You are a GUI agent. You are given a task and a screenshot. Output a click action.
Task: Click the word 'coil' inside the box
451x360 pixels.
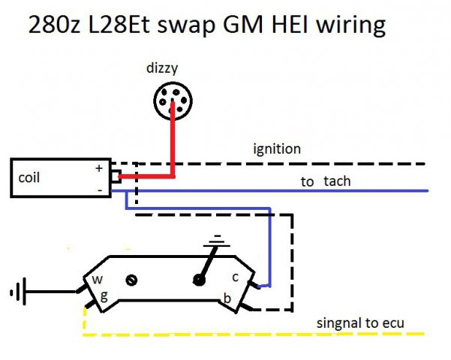point(30,178)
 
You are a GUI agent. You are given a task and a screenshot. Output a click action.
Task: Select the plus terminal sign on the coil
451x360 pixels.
point(99,169)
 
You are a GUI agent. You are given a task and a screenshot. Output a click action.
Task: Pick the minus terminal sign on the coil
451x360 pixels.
point(99,190)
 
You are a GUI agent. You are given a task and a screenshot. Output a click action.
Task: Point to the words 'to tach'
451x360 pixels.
point(326,181)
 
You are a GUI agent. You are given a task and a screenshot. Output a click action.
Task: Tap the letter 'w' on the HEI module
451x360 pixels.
point(97,280)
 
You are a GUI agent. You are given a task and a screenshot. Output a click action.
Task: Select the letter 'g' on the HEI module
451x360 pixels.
point(104,295)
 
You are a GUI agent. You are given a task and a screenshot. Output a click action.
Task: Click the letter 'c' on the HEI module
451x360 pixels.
point(235,276)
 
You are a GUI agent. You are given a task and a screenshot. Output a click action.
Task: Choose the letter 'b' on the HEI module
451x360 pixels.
point(226,298)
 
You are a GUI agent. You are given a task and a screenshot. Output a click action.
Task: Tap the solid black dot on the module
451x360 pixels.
point(199,280)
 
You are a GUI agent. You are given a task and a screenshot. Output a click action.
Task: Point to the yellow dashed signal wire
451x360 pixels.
point(225,333)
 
